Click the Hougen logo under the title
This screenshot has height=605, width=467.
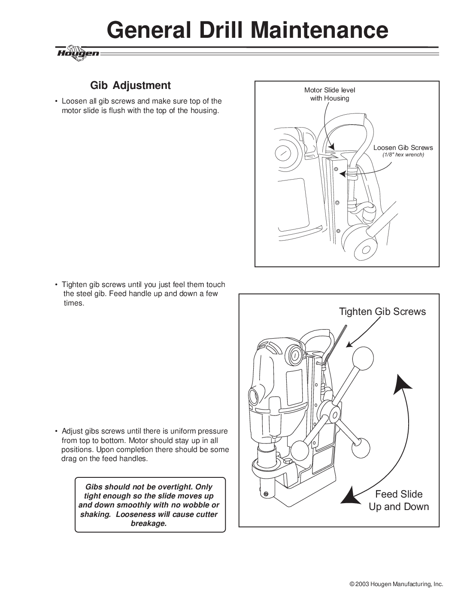78,53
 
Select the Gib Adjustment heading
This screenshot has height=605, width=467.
130,86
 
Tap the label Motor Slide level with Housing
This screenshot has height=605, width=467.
330,94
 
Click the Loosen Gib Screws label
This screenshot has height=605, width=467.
403,147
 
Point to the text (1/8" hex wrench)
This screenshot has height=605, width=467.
403,155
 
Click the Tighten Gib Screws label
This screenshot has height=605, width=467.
382,312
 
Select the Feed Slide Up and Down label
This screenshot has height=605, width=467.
399,500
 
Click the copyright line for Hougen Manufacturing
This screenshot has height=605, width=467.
396,584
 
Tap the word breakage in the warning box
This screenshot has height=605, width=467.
149,523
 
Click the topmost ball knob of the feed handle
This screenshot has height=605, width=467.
363,357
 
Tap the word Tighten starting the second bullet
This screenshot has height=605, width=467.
76,284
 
